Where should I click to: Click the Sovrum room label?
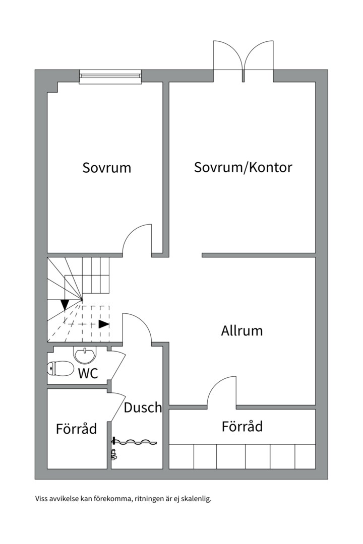[106, 168]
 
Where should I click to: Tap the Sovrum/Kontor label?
[243, 168]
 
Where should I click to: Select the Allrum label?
[242, 331]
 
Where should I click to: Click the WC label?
[88, 373]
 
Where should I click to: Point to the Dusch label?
[143, 407]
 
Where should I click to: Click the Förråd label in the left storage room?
[76, 429]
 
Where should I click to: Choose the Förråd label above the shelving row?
[242, 427]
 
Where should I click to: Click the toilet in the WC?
[60, 369]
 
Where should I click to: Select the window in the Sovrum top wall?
[110, 77]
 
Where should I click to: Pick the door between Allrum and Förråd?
[221, 391]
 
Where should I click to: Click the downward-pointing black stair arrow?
[65, 304]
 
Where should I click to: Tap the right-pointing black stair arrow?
[104, 324]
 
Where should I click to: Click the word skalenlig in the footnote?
[197, 499]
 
